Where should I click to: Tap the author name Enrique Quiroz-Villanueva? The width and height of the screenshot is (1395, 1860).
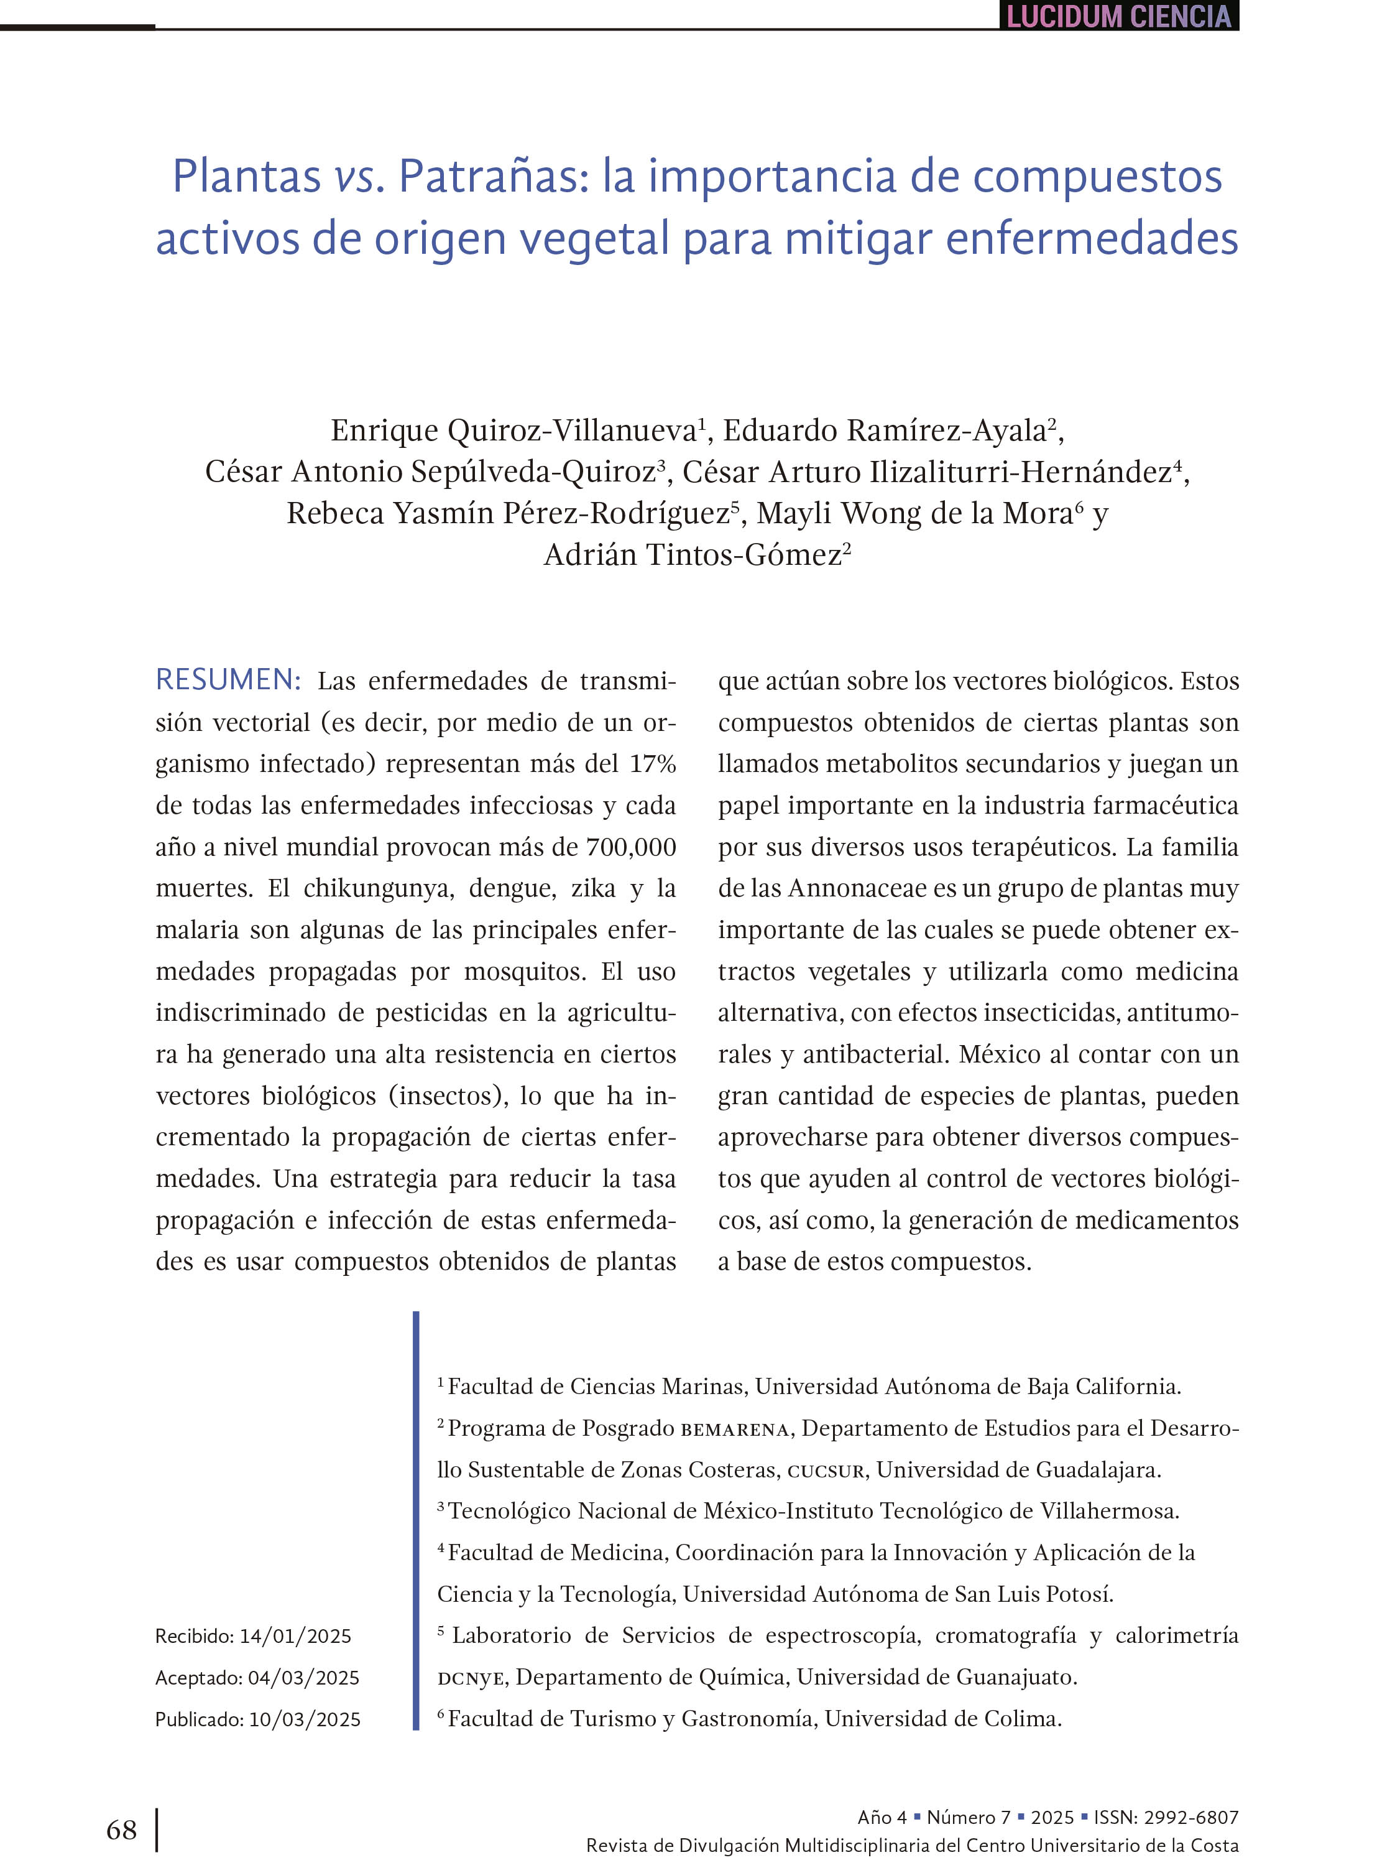click(513, 430)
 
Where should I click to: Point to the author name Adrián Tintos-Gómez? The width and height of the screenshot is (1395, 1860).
click(693, 555)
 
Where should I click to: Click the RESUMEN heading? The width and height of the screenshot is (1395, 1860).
click(228, 679)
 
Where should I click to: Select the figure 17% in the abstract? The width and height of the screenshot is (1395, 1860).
click(652, 763)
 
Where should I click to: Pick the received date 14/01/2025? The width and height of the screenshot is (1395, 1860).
click(295, 1635)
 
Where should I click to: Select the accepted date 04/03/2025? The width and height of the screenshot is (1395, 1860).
click(303, 1678)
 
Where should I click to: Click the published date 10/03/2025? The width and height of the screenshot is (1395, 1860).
click(304, 1719)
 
